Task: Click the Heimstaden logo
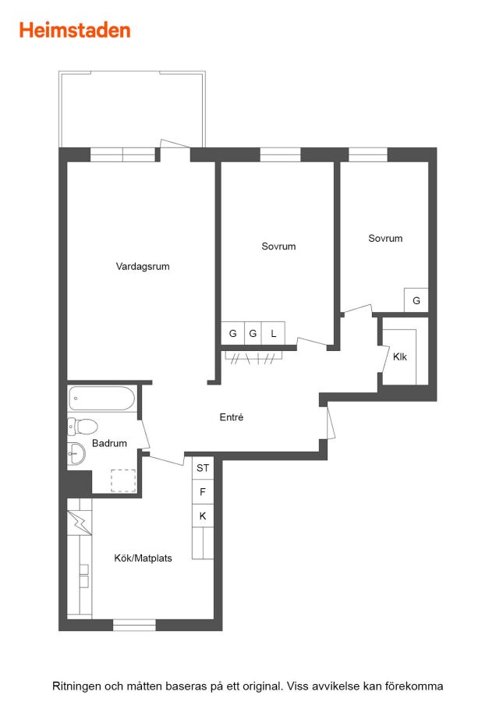pyautogui.click(x=75, y=30)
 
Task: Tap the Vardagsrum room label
pyautogui.click(x=143, y=267)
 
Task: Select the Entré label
pyautogui.click(x=232, y=417)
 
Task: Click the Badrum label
pyautogui.click(x=109, y=443)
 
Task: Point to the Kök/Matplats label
pyautogui.click(x=143, y=558)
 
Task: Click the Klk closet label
pyautogui.click(x=400, y=356)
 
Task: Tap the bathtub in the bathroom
pyautogui.click(x=101, y=399)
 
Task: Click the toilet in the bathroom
pyautogui.click(x=83, y=426)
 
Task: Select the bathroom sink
pyautogui.click(x=76, y=455)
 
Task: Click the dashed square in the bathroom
pyautogui.click(x=123, y=480)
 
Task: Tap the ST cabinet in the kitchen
pyautogui.click(x=203, y=468)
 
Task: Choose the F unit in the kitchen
pyautogui.click(x=203, y=492)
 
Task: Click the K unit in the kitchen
pyautogui.click(x=203, y=516)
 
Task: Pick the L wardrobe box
pyautogui.click(x=274, y=334)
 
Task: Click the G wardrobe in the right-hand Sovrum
pyautogui.click(x=416, y=300)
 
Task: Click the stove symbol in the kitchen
pyautogui.click(x=80, y=523)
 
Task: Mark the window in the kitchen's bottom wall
pyautogui.click(x=134, y=625)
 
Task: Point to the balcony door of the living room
pyautogui.click(x=175, y=144)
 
